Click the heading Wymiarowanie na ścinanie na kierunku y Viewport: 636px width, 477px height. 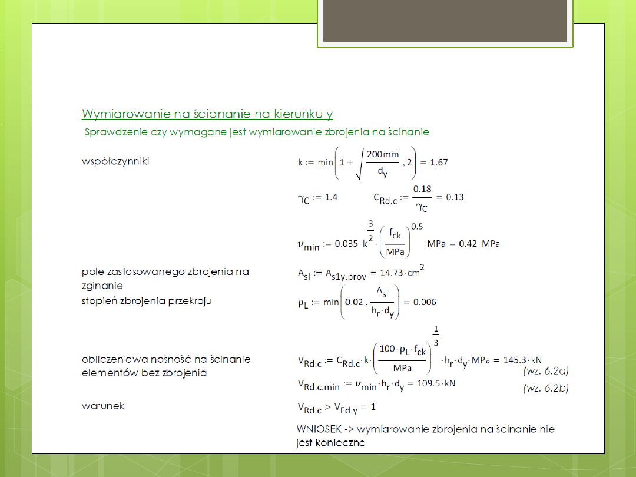click(208, 114)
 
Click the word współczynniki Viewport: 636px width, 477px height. click(115, 161)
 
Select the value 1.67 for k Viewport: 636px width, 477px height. click(439, 163)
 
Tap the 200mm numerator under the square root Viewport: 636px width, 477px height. click(383, 154)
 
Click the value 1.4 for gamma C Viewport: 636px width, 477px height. click(332, 197)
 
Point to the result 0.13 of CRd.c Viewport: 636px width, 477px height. click(455, 197)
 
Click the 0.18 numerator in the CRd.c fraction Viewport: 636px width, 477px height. click(423, 188)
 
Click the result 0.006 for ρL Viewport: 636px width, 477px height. click(425, 302)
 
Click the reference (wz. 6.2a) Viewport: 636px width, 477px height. click(545, 371)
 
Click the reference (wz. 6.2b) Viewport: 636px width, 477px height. click(545, 389)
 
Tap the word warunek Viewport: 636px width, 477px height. click(103, 406)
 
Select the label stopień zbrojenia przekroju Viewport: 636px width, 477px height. click(147, 301)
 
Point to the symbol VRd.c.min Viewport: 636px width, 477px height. click(319, 385)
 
